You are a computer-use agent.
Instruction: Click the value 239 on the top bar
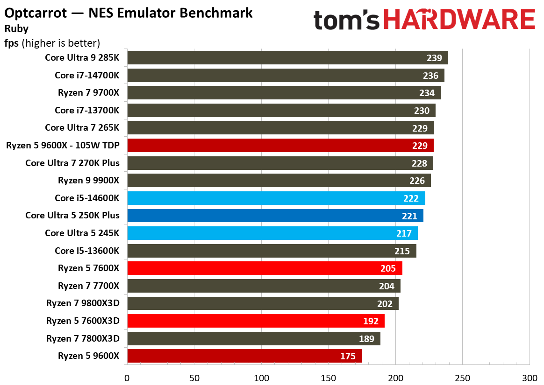(x=434, y=58)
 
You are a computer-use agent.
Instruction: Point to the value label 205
(x=388, y=268)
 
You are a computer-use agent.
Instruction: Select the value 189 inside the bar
(x=366, y=339)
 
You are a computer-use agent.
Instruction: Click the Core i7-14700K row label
(x=87, y=75)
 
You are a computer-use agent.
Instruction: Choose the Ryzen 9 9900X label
(x=88, y=180)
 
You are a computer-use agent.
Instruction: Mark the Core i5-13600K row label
(x=87, y=251)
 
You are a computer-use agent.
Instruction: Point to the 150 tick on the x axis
(x=329, y=377)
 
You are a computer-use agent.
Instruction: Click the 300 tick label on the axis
(x=530, y=377)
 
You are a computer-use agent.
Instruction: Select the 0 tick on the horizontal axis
(x=127, y=377)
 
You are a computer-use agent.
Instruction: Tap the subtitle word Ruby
(x=16, y=28)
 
